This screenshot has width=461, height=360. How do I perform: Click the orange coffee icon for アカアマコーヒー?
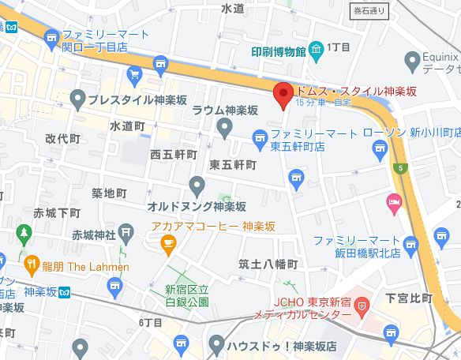point(168,246)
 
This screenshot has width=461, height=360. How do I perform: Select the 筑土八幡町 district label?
point(267,263)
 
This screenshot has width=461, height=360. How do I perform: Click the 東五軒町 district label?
point(233,165)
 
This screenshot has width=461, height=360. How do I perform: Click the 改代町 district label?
point(63,137)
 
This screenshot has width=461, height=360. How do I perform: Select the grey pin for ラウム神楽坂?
point(225,126)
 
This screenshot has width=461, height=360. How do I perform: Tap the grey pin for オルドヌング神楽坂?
point(198,186)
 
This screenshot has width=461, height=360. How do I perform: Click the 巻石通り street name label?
point(369,11)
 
